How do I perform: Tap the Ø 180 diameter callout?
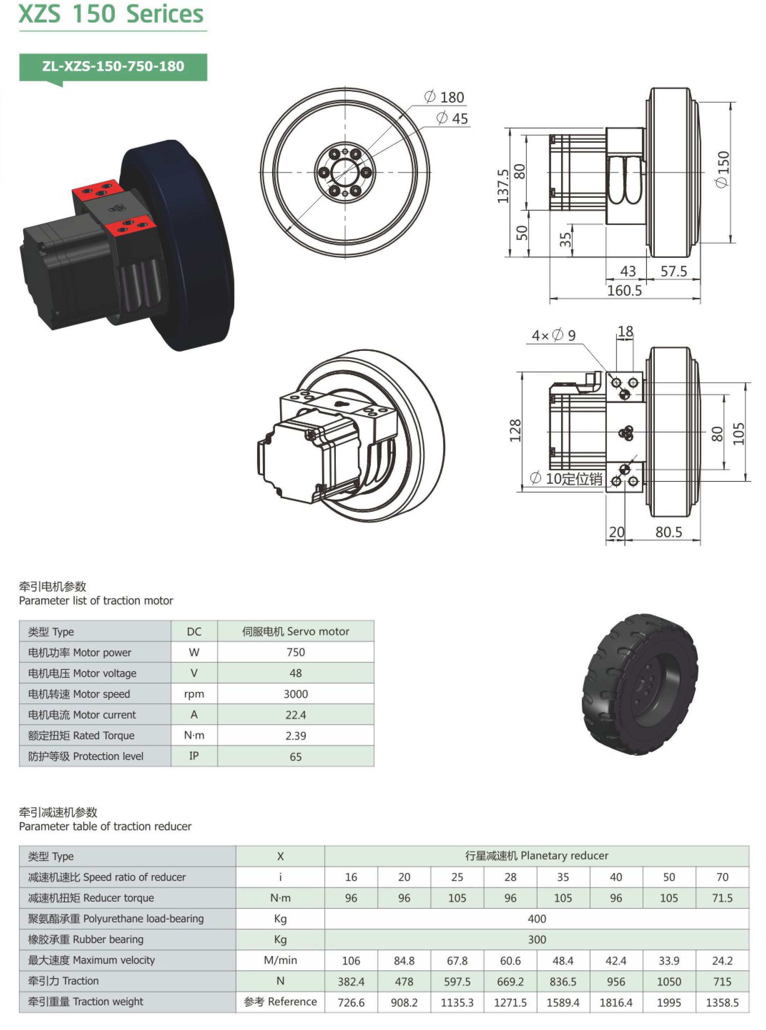(x=444, y=97)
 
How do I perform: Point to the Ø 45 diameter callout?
(x=452, y=119)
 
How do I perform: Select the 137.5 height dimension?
(x=504, y=186)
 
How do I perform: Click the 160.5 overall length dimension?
(x=625, y=291)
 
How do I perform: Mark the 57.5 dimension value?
(x=674, y=271)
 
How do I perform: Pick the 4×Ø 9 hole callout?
(x=554, y=335)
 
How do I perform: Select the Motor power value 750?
(x=296, y=652)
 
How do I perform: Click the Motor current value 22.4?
(x=296, y=715)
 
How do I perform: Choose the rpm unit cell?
(x=194, y=694)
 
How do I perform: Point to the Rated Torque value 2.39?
(x=296, y=736)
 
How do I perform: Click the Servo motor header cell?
(x=296, y=631)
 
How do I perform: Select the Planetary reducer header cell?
(x=537, y=855)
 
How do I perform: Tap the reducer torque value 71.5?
(x=722, y=898)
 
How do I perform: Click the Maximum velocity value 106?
(x=351, y=960)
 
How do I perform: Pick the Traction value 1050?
(x=669, y=981)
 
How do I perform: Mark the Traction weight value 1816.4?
(x=616, y=1002)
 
